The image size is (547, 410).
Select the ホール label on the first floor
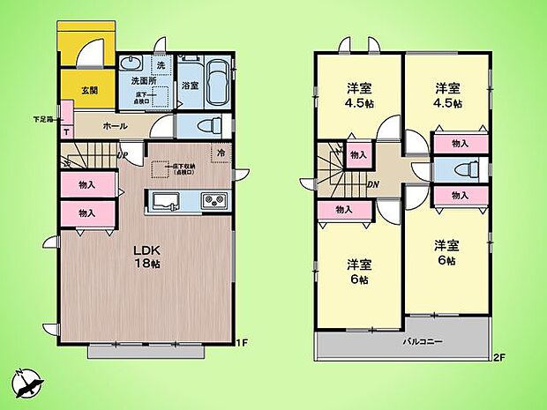pos(115,126)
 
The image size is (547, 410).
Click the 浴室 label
pos(189,86)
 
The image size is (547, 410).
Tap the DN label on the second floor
pos(372,184)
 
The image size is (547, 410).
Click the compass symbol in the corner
pos(26,383)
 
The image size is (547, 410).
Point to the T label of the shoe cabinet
pos(67,131)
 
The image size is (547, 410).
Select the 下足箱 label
pos(43,119)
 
